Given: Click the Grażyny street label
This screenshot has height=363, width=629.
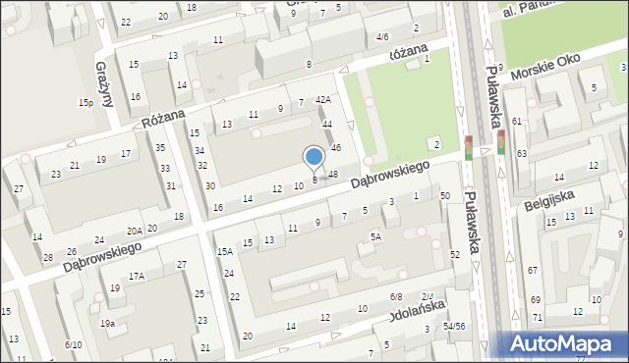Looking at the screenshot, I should (x=103, y=72).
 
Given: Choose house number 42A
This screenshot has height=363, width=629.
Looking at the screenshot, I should (x=322, y=100).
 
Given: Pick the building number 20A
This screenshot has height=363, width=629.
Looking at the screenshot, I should (x=135, y=231).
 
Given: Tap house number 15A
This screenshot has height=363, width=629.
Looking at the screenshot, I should (x=224, y=251).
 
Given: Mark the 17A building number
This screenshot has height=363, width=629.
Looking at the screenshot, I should (x=136, y=276).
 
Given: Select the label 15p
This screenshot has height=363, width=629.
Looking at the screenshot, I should (x=86, y=102).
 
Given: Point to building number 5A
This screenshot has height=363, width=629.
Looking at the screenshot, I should (x=375, y=236).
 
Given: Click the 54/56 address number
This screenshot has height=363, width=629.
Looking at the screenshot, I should (x=453, y=326).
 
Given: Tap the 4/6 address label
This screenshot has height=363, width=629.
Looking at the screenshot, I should (x=381, y=35).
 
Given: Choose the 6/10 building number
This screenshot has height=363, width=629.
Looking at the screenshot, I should (x=73, y=344).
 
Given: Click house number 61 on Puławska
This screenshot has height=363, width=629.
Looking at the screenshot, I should (x=516, y=121).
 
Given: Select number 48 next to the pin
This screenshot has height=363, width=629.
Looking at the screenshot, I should (x=334, y=175).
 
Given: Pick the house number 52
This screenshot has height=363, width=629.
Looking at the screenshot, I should (x=454, y=254).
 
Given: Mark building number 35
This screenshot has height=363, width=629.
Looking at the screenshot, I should (x=160, y=147).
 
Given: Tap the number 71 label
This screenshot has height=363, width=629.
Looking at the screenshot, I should (x=537, y=318).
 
